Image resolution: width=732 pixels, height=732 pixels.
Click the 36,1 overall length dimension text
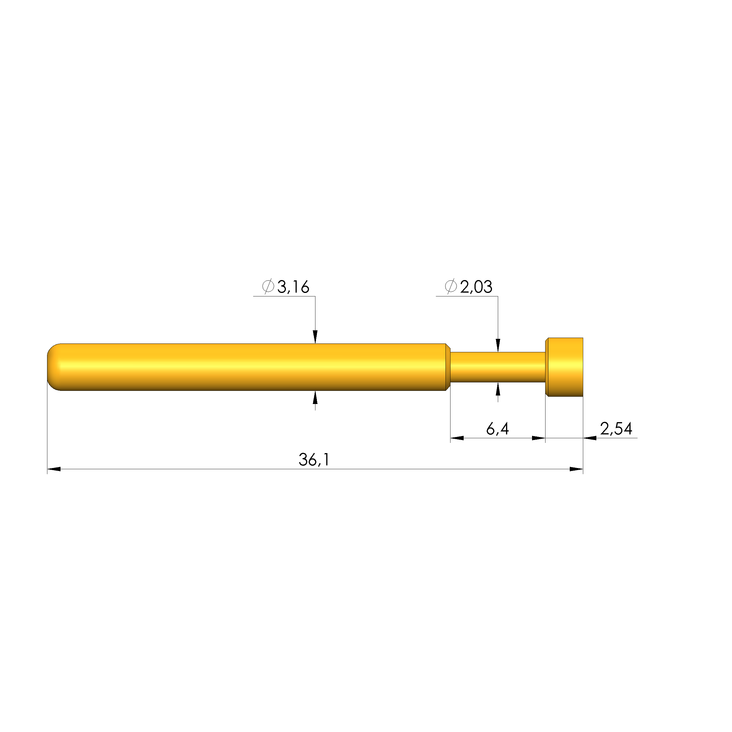click(x=314, y=460)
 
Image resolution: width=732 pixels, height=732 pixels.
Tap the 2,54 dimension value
click(x=616, y=429)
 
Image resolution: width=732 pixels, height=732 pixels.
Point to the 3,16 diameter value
click(x=293, y=287)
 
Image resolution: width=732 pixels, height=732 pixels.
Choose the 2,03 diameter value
click(x=476, y=287)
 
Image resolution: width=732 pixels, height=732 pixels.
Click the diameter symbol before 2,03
click(x=450, y=287)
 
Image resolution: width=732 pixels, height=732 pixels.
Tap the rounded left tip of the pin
click(x=53, y=367)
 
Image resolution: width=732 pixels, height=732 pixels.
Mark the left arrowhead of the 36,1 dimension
click(x=54, y=469)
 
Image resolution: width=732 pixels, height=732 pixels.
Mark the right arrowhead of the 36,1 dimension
click(x=576, y=469)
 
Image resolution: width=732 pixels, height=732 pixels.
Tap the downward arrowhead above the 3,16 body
click(x=315, y=337)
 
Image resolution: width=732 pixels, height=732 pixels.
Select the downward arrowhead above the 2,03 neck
click(x=498, y=346)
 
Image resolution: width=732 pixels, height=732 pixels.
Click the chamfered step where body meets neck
click(x=448, y=367)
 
